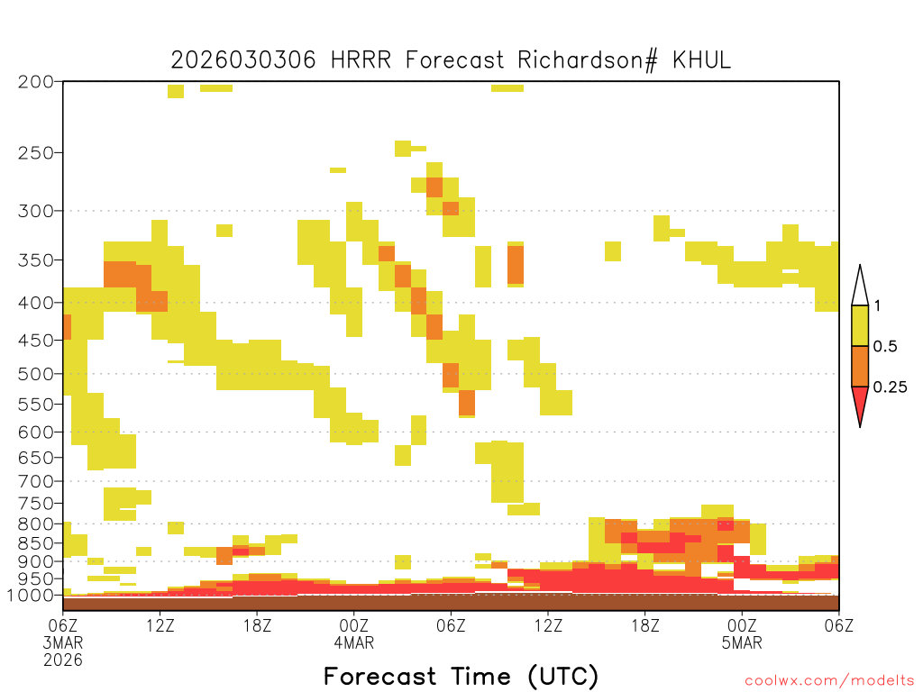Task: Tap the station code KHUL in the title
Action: point(701,59)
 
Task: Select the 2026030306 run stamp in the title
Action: point(243,60)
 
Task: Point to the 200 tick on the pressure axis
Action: point(36,82)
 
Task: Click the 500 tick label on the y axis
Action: point(36,374)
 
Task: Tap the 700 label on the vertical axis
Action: point(36,481)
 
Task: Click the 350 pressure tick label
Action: point(36,260)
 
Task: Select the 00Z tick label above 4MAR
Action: point(353,625)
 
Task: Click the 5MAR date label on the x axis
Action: point(742,642)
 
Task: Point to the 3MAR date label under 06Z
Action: point(63,642)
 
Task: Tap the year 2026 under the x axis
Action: point(63,660)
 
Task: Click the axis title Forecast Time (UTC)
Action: point(461,677)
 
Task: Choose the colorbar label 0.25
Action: point(890,387)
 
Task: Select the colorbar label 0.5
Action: point(885,346)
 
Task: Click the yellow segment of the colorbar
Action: point(860,325)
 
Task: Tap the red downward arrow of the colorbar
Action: point(860,403)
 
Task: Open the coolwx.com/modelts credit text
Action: point(829,681)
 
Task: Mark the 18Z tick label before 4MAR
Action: point(257,625)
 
